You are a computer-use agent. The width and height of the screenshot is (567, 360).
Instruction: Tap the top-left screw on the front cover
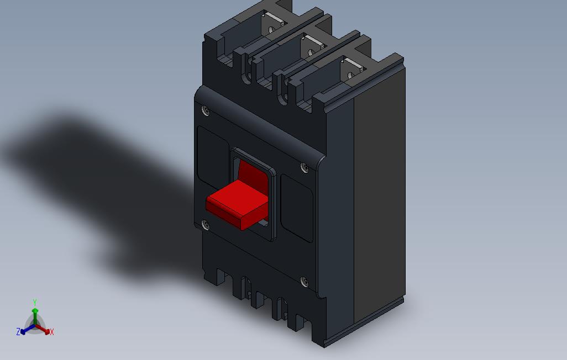tap(206, 110)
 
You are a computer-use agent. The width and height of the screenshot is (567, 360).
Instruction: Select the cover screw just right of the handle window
tap(303, 166)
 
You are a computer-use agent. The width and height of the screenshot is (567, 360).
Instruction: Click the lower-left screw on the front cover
tap(206, 225)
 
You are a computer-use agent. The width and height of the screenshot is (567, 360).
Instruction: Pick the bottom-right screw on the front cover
tap(304, 282)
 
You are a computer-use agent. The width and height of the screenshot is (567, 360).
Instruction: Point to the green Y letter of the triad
tap(34, 303)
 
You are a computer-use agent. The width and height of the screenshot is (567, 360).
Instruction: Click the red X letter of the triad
tap(52, 332)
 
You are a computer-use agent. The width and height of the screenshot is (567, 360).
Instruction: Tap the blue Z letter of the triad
tap(18, 332)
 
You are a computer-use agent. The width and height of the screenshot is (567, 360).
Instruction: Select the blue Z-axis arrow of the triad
tap(25, 330)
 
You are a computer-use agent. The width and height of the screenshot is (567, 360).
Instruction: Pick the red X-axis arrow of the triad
tap(44, 330)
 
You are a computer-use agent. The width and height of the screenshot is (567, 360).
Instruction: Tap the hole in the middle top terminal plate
tap(311, 54)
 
